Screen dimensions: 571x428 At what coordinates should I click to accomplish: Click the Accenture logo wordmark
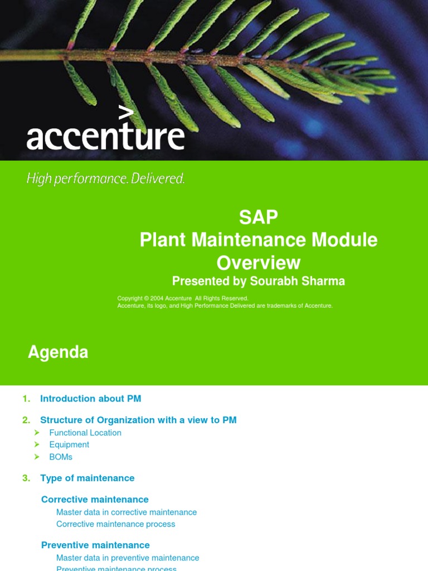click(105, 136)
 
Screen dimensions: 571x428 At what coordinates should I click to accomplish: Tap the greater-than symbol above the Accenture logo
click(127, 113)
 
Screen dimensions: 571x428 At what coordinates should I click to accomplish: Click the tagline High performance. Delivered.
click(106, 179)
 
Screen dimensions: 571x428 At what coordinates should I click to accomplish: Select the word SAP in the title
click(258, 217)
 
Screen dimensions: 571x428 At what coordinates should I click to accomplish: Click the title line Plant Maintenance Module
click(258, 240)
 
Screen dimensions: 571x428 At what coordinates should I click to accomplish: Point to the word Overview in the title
click(258, 263)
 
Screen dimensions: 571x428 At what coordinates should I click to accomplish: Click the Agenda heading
click(58, 352)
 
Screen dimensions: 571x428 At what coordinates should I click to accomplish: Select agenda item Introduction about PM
click(90, 399)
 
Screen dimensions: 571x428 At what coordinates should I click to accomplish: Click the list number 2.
click(26, 420)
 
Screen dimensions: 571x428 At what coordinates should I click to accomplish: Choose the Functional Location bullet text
click(85, 433)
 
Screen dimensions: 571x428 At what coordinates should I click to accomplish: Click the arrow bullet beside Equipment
click(37, 444)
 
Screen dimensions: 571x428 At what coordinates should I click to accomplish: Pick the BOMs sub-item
click(61, 457)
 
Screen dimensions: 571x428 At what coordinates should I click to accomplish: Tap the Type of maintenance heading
click(87, 478)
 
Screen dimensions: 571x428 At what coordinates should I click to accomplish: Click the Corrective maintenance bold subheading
click(95, 500)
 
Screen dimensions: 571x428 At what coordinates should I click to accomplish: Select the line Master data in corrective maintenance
click(127, 512)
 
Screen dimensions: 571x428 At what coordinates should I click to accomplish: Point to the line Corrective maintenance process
click(115, 524)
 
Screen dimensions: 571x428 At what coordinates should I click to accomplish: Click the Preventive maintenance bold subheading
click(95, 545)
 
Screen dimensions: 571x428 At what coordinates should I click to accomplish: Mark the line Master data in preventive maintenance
click(128, 558)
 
